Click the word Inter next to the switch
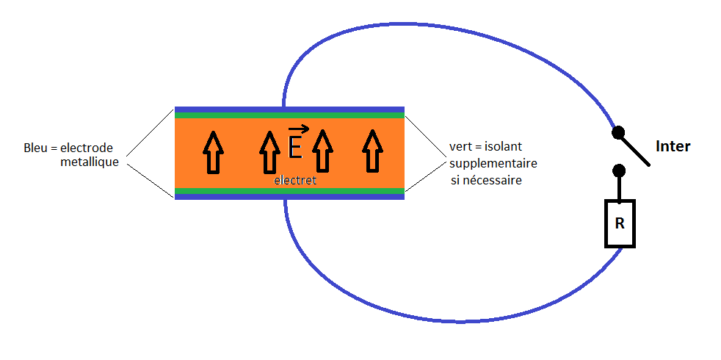click(x=673, y=146)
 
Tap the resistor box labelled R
click(x=619, y=223)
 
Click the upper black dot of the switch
click(x=619, y=133)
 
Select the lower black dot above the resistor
click(x=619, y=171)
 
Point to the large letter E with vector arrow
click(x=295, y=145)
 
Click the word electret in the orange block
click(x=294, y=180)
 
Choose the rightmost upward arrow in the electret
click(x=372, y=152)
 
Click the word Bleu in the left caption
click(x=37, y=148)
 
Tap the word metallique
click(x=90, y=162)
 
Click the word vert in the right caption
click(x=460, y=147)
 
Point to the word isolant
click(x=503, y=147)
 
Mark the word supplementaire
click(x=493, y=162)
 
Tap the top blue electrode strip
click(x=289, y=109)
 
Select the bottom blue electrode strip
click(x=289, y=197)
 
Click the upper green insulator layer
click(x=289, y=115)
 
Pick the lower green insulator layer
click(x=289, y=191)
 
